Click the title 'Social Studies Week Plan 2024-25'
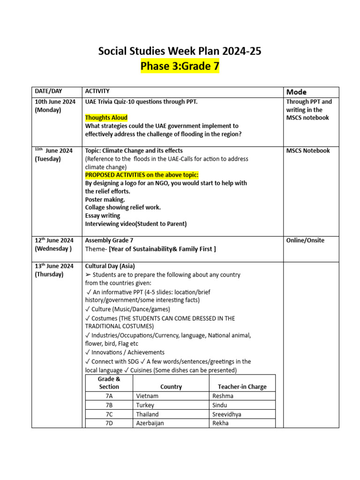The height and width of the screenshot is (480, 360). point(180,51)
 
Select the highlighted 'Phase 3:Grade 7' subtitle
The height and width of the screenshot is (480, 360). point(180,67)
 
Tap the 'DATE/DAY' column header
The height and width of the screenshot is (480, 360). point(48,91)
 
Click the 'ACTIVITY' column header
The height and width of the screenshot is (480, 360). point(97,91)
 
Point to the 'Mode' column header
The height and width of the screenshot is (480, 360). point(296,92)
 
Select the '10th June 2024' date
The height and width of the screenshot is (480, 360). point(55,102)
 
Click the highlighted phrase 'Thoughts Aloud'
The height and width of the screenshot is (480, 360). point(106,118)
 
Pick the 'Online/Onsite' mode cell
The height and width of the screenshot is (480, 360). point(305,240)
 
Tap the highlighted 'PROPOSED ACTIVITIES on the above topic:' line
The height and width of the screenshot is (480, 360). point(142,175)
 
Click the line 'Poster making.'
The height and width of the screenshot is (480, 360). point(105,199)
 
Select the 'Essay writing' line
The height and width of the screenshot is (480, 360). point(103,216)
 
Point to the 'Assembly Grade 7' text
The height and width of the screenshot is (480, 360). point(109,240)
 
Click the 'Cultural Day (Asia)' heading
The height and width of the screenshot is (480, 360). point(110,266)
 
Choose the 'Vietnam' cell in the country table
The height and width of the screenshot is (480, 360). point(147,396)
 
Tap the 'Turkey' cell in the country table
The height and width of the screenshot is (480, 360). point(145,405)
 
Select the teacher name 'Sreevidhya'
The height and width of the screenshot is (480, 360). point(227,414)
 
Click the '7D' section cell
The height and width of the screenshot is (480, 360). point(109,423)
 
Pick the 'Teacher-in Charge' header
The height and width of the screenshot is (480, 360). point(242,387)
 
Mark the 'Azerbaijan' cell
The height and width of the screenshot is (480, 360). point(150,423)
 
